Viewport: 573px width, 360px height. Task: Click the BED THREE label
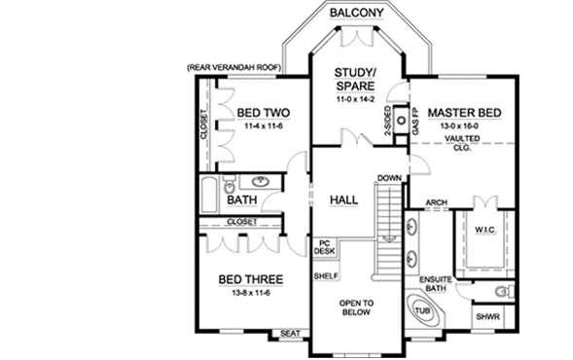coord(250,280)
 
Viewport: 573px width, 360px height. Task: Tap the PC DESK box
coord(325,247)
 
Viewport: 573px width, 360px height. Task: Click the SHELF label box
coord(325,276)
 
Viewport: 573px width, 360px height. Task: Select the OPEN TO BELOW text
coord(357,308)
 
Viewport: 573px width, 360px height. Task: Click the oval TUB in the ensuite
coord(423,313)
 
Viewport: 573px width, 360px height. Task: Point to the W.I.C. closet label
coord(485,230)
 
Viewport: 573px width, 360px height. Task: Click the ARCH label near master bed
coord(437,204)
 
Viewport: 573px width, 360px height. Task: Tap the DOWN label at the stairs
coord(389,178)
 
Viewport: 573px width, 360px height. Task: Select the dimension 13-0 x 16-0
coord(463,126)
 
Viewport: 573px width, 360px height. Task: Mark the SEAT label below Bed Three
coord(288,334)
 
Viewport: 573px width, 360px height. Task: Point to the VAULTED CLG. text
coord(463,145)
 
